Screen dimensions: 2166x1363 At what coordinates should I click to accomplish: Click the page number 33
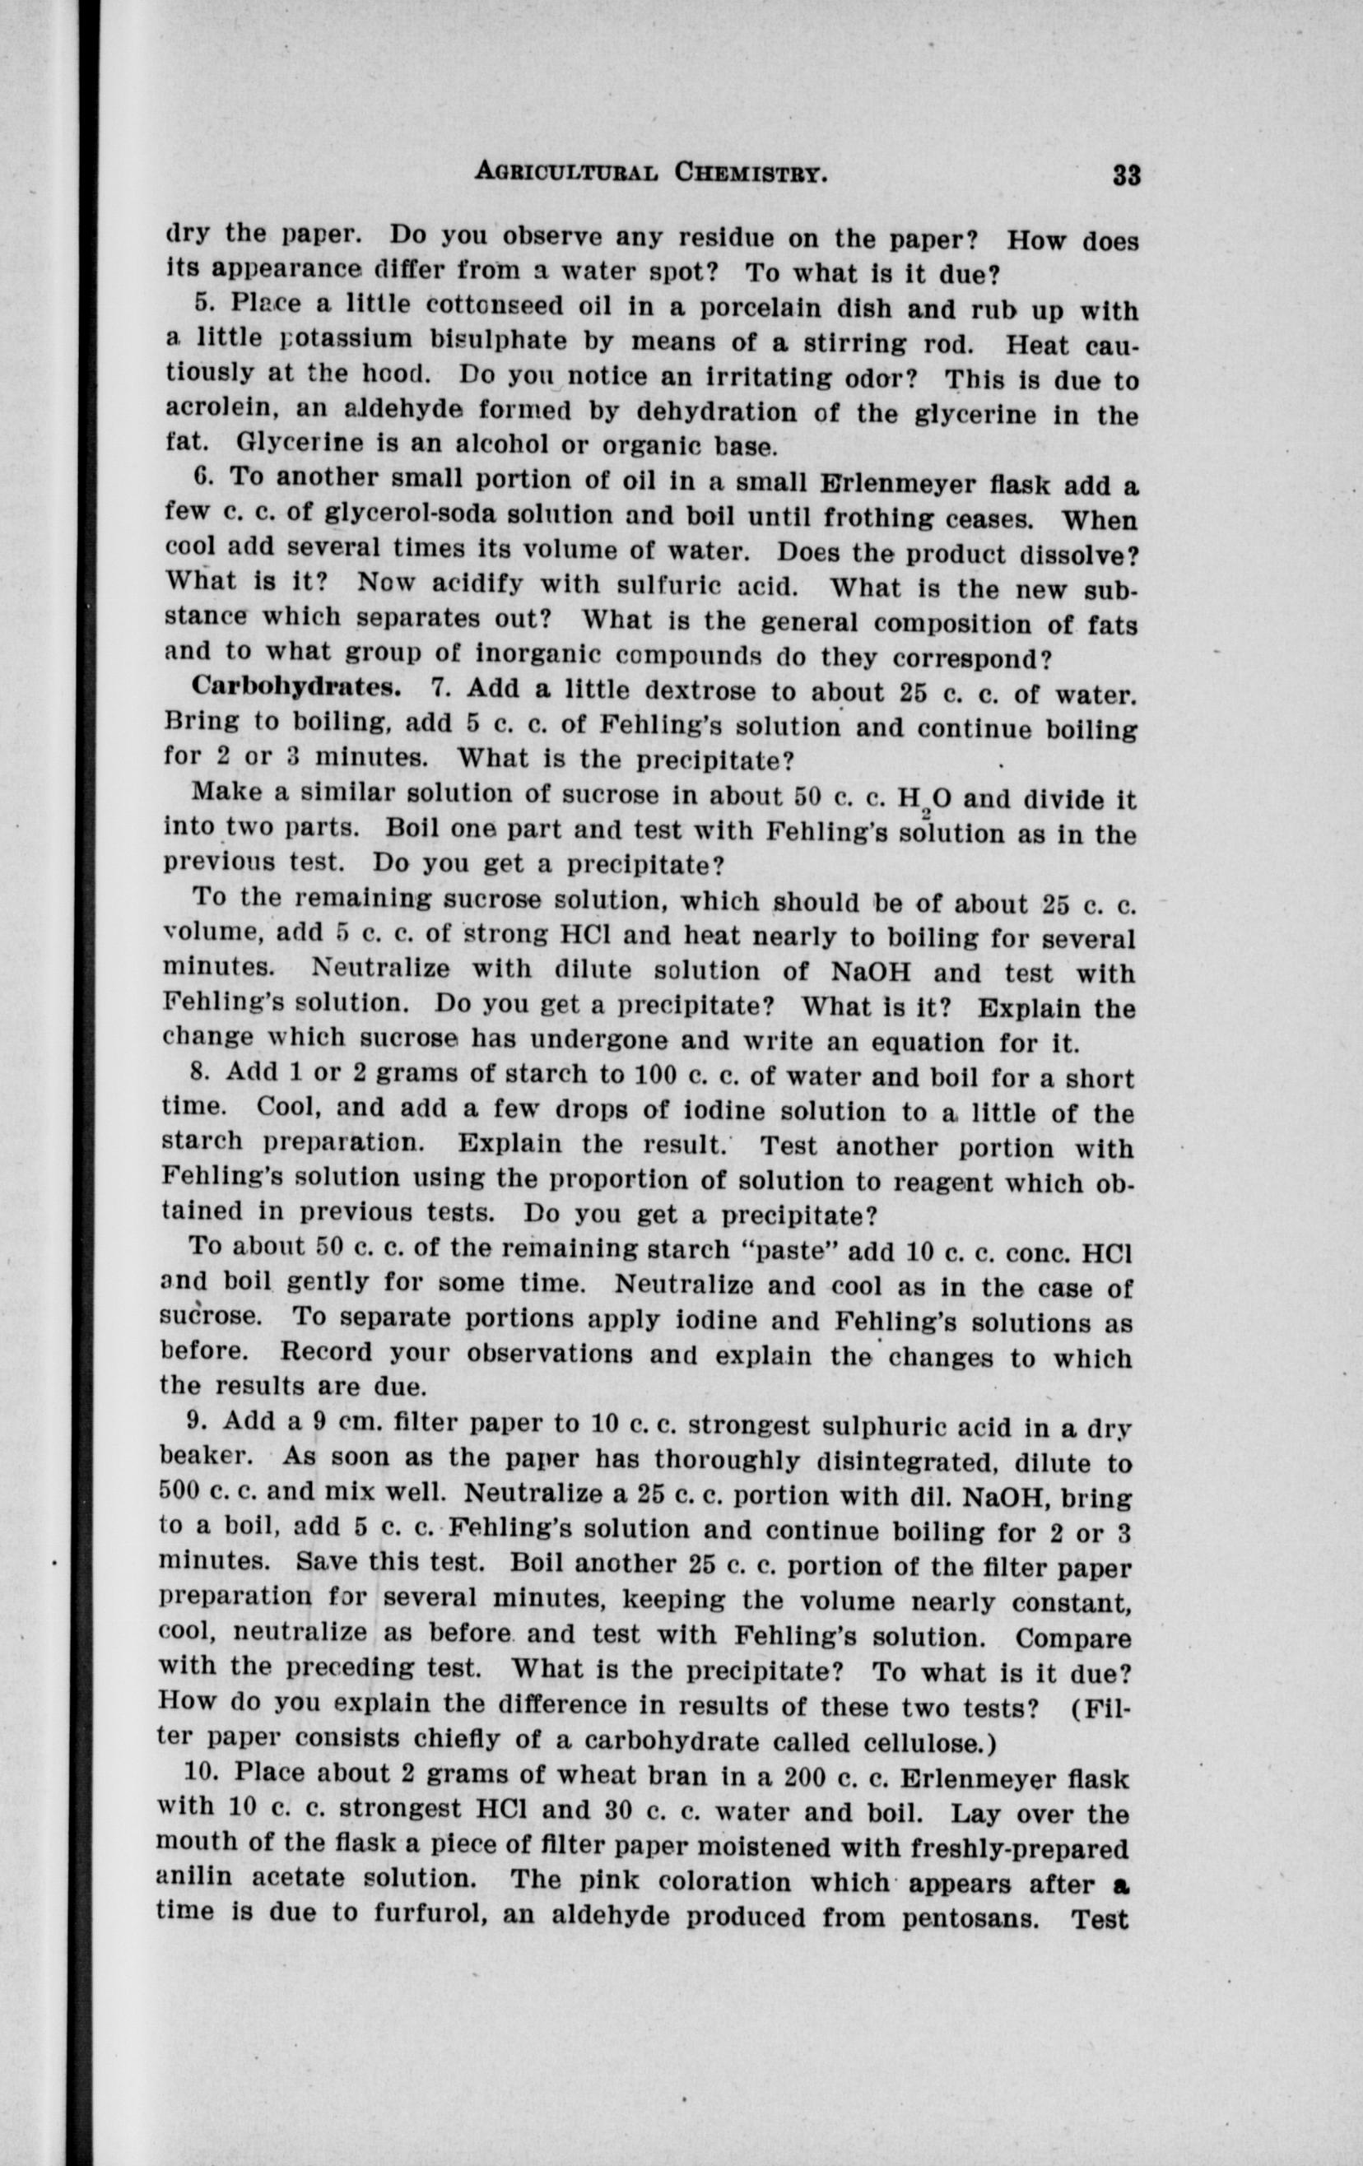tap(1125, 173)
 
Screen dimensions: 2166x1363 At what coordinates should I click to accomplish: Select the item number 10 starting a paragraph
tap(201, 1771)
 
